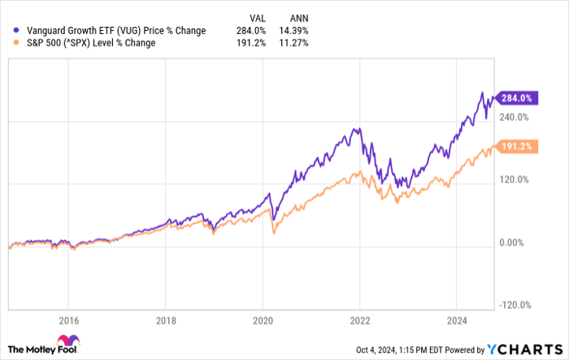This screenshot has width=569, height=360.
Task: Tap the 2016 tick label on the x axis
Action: pyautogui.click(x=68, y=319)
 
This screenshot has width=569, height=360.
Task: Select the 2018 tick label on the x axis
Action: pyautogui.click(x=165, y=319)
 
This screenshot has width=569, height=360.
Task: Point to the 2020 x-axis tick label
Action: pyautogui.click(x=263, y=319)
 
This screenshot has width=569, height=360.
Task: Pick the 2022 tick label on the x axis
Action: pyautogui.click(x=359, y=319)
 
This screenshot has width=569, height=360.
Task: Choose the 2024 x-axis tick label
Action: pyautogui.click(x=456, y=319)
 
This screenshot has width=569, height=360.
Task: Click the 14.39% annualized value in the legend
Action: pyautogui.click(x=293, y=31)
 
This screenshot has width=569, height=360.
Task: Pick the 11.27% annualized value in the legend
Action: pyautogui.click(x=293, y=43)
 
